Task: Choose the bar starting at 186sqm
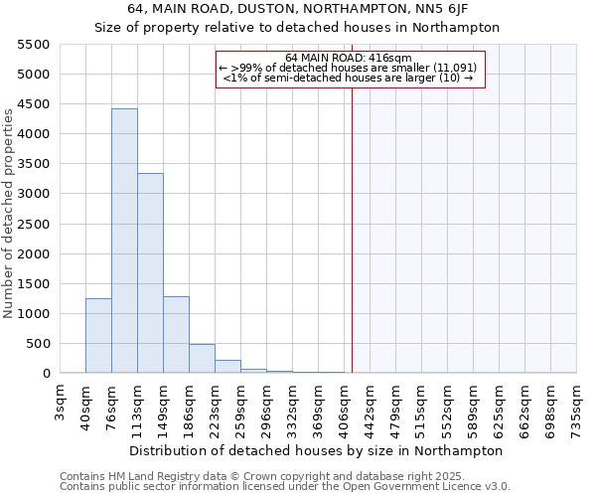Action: pos(202,359)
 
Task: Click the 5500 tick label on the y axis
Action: pos(33,45)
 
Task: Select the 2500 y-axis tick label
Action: pos(33,225)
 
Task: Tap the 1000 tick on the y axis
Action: pos(33,314)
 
